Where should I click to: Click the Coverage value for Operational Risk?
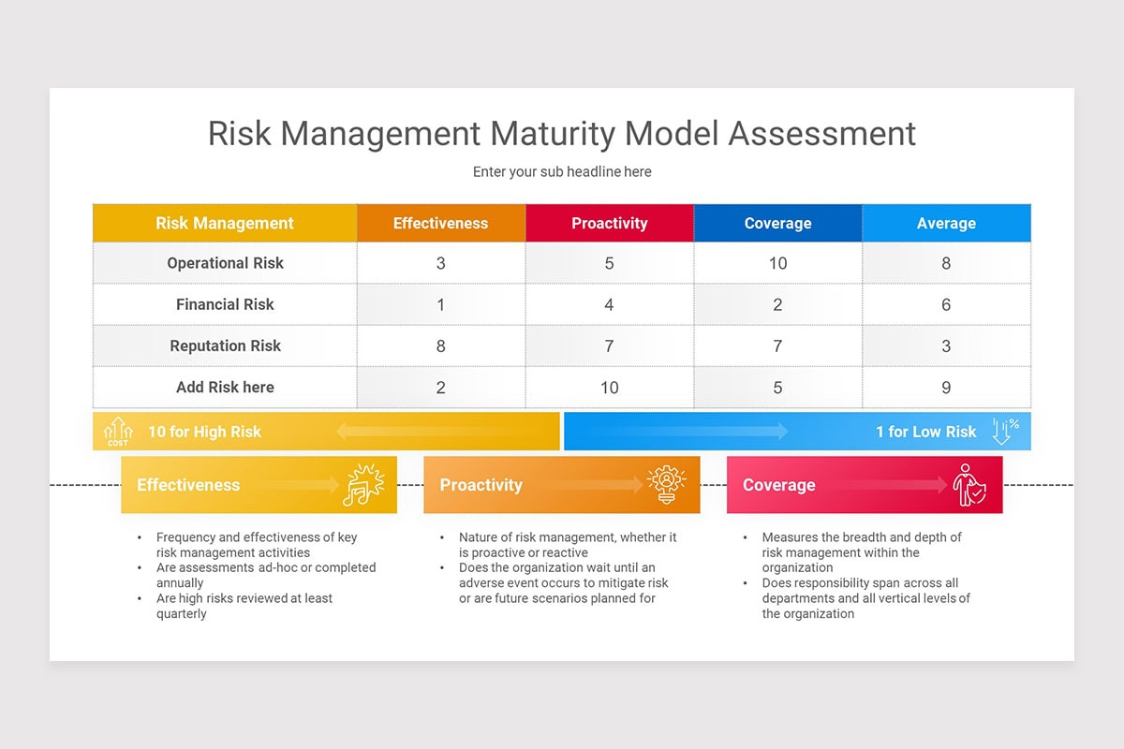pos(777,263)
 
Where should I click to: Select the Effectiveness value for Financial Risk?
pos(440,304)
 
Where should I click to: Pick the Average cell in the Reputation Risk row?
pos(946,345)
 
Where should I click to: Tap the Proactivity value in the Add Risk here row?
pos(609,387)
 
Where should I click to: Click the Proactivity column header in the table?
pos(609,223)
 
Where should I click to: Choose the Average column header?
pos(946,223)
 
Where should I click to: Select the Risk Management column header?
pos(225,223)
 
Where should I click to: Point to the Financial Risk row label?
pos(225,304)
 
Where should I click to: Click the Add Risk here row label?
pos(225,387)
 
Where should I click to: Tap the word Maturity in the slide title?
pos(552,133)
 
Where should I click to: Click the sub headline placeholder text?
pos(562,171)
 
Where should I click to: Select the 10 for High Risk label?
pos(204,432)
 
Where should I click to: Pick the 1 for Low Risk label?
pos(925,432)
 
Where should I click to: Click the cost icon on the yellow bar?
pos(118,432)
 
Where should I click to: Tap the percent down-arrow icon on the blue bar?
pos(1005,431)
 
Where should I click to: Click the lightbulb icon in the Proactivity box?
pos(666,485)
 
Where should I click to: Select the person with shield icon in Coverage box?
pos(969,485)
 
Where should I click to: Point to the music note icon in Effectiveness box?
pos(363,485)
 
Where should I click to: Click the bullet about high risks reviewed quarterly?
pos(244,606)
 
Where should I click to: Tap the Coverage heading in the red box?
pos(779,485)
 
